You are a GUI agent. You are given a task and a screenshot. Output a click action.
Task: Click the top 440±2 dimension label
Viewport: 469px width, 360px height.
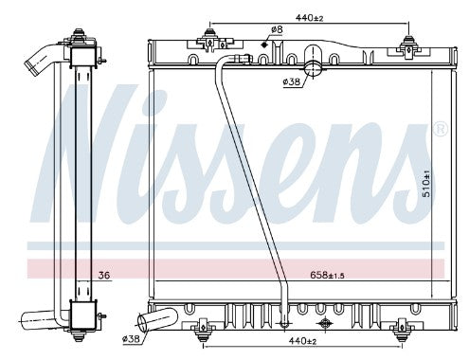pyautogui.click(x=309, y=18)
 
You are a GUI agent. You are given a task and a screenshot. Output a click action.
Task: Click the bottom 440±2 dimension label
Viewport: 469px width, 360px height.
pyautogui.click(x=302, y=340)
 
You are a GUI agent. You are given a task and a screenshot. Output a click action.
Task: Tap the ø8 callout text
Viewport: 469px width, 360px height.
pyautogui.click(x=277, y=29)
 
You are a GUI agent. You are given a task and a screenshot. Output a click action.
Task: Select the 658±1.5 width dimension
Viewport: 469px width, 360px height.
pyautogui.click(x=327, y=275)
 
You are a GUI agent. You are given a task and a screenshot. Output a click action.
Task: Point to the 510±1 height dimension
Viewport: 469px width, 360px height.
pyautogui.click(x=426, y=184)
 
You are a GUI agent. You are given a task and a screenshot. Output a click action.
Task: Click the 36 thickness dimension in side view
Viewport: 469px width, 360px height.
pyautogui.click(x=104, y=275)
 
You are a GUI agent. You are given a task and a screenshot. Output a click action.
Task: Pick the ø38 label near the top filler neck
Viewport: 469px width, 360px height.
pyautogui.click(x=291, y=81)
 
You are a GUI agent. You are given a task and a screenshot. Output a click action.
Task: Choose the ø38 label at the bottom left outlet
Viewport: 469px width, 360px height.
pyautogui.click(x=131, y=339)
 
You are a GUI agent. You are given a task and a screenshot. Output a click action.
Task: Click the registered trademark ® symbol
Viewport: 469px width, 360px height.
pyautogui.click(x=441, y=129)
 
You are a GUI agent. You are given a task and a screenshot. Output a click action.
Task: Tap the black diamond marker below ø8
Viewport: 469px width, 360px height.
pyautogui.click(x=264, y=45)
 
